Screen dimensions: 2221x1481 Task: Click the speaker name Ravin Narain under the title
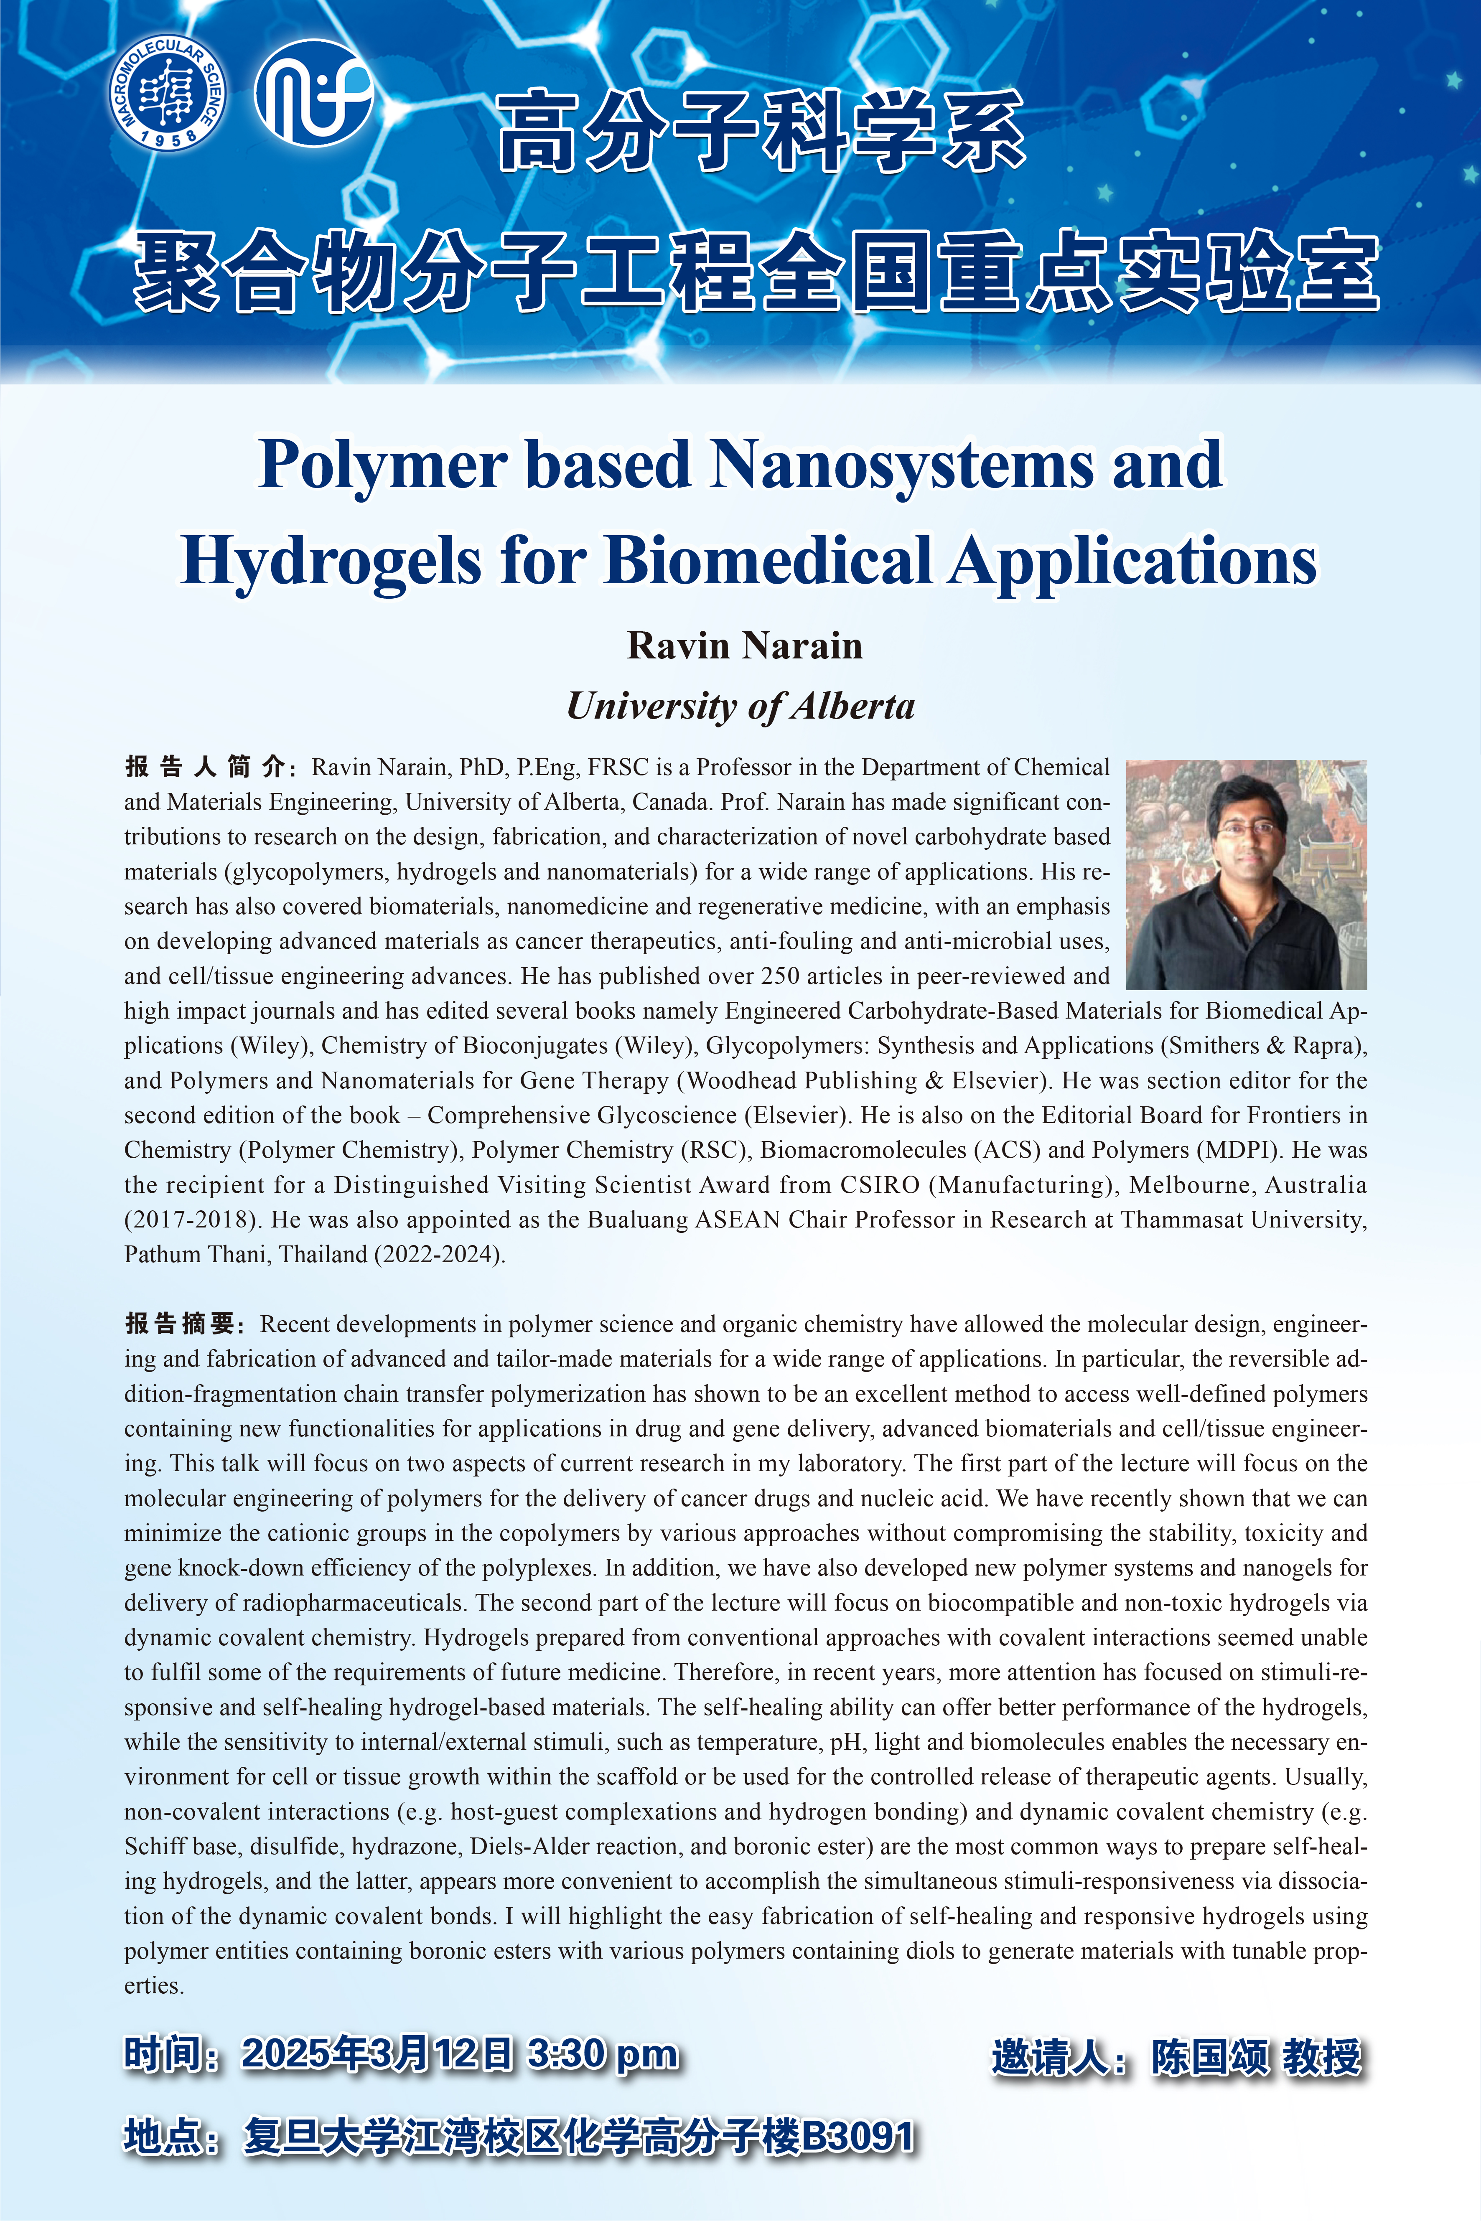tap(744, 646)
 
